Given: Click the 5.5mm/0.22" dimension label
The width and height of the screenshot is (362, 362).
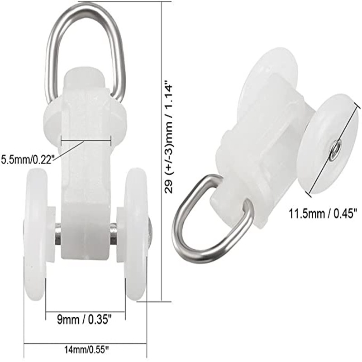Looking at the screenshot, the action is click(x=27, y=159).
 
